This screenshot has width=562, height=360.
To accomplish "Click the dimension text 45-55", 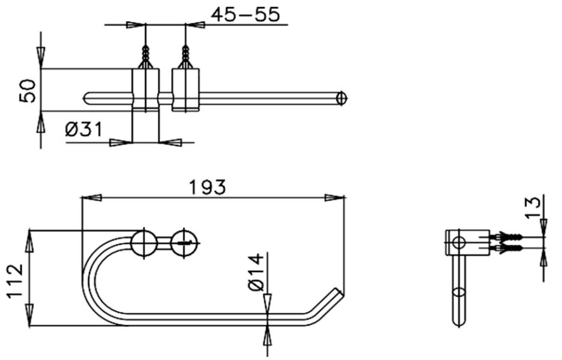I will pos(245,15).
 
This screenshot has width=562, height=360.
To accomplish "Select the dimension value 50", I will pos(27,90).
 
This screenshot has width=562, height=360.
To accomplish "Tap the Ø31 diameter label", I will pos(83,130).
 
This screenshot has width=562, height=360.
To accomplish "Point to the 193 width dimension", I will pos(207,187).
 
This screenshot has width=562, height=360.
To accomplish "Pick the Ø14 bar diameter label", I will pos(254,272).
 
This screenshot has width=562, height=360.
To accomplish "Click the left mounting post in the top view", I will pos(145,90).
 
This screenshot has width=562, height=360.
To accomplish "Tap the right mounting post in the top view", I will pos(186,90).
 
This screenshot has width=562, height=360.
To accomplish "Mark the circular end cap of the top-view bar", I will pos(342,99).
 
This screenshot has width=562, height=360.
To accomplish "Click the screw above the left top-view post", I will pos(146,56).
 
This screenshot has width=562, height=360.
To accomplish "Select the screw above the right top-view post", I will pos(186,56).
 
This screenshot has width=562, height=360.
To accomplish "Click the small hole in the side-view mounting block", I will pos(458,242).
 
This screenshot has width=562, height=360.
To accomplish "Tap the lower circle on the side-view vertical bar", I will pos(458,293).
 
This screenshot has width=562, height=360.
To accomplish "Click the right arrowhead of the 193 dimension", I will pos(335,198).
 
